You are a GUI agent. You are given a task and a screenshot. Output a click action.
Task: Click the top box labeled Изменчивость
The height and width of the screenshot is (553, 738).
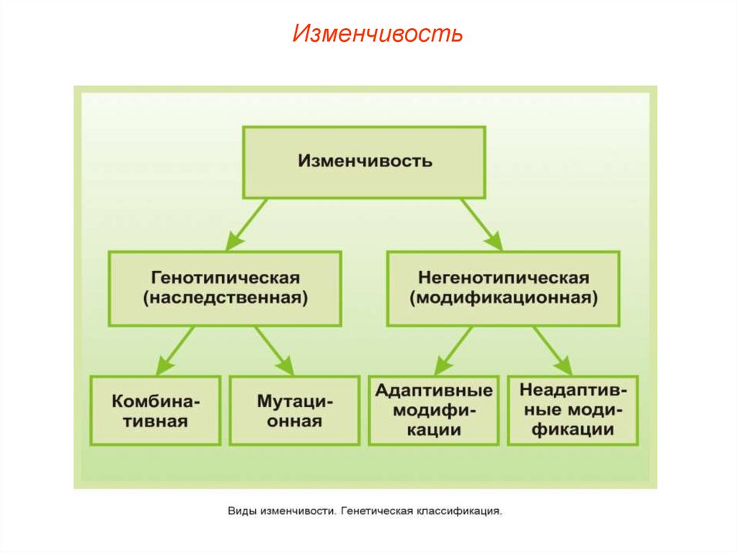tap(364, 161)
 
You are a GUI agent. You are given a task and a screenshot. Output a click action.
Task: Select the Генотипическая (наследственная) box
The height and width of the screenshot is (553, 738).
tap(225, 288)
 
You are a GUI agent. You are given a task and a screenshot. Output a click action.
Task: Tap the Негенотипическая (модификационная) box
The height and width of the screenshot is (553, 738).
tap(503, 288)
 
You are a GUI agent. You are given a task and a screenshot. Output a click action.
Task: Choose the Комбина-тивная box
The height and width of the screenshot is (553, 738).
tap(155, 410)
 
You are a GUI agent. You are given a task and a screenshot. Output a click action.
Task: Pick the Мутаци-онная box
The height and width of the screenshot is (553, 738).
tap(294, 410)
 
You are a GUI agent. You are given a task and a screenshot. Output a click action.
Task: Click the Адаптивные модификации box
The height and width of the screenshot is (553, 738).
tap(433, 410)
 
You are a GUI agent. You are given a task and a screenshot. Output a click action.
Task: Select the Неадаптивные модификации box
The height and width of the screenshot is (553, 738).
tap(572, 410)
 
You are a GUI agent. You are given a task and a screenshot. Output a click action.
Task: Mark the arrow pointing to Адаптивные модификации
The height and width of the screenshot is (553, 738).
tap(454, 349)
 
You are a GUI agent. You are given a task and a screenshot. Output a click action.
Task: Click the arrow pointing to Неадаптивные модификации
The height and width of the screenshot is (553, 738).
tap(551, 349)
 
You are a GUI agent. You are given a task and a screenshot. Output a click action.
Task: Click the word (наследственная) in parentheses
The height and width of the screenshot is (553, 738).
tap(225, 298)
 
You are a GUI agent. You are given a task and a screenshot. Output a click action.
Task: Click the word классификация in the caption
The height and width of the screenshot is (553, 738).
tap(457, 511)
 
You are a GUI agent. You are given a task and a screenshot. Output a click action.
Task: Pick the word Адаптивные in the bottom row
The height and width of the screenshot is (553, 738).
tap(433, 391)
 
